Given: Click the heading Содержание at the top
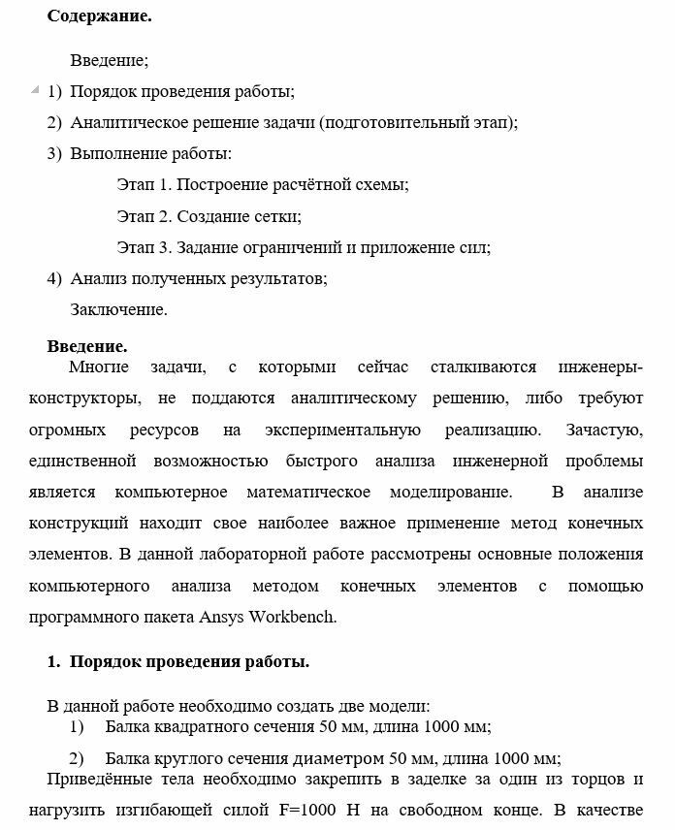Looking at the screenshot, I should coord(99,16).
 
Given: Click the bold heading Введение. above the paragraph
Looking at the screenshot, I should coord(87,346).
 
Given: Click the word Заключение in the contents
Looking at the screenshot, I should coord(118,310).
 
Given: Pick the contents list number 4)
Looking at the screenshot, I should coord(54,279).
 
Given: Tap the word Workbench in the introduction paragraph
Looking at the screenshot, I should coord(293,617).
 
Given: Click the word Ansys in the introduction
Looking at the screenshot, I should coord(222,617).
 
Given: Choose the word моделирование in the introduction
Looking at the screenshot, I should coord(450,493).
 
